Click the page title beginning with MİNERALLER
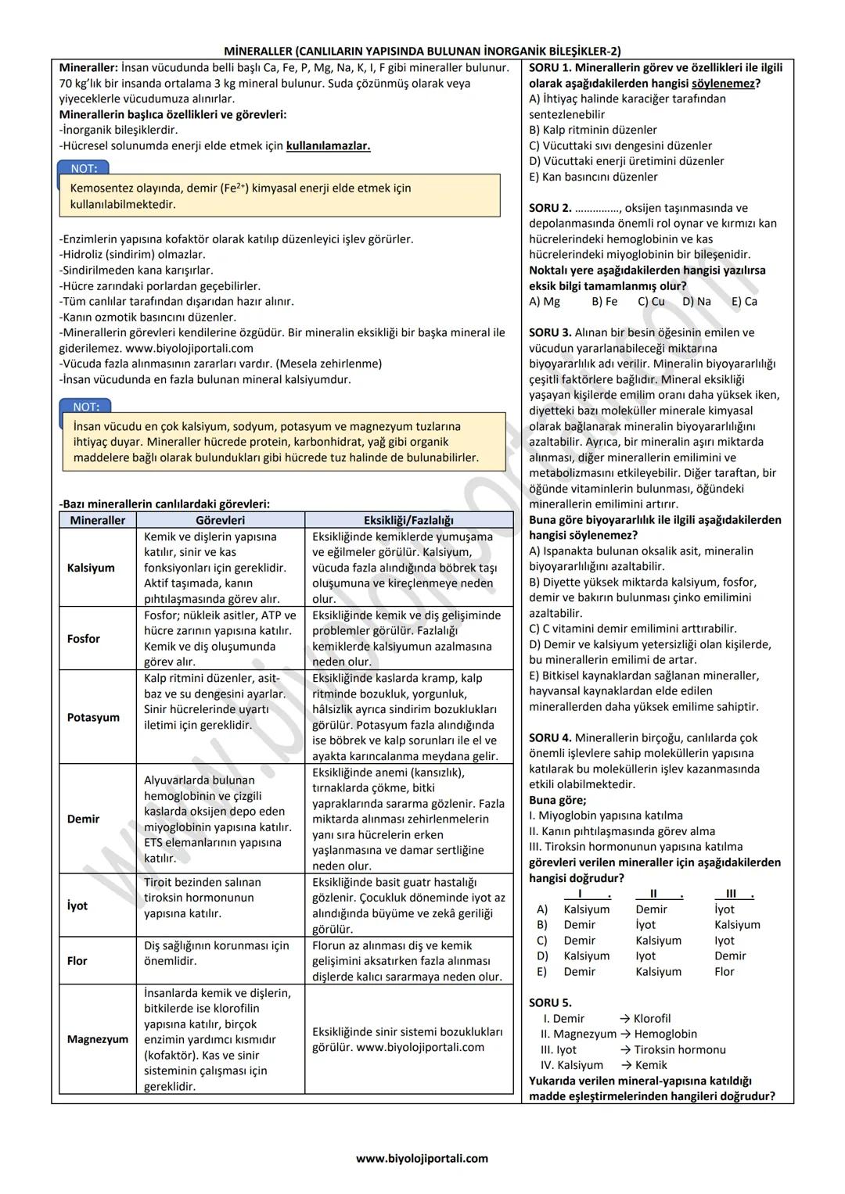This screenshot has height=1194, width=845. [422, 52]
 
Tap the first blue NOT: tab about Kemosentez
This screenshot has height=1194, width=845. [84, 168]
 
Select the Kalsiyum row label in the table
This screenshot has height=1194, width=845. [91, 568]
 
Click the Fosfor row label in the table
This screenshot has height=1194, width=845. [84, 639]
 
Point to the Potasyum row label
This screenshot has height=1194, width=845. [93, 717]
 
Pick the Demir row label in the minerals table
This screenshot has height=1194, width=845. [83, 819]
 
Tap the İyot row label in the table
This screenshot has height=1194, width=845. [77, 905]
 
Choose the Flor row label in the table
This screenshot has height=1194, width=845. [77, 961]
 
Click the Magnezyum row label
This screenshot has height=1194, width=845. [98, 1039]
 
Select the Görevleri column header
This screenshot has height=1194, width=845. [220, 520]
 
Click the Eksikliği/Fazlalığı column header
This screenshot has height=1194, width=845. [408, 520]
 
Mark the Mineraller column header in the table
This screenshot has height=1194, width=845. [97, 520]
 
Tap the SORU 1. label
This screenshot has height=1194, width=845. [550, 68]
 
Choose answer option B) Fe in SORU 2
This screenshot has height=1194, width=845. [604, 302]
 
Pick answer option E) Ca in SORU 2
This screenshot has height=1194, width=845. [744, 302]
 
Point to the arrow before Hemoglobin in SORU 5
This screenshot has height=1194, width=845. [624, 1034]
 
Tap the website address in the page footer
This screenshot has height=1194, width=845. [422, 1158]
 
